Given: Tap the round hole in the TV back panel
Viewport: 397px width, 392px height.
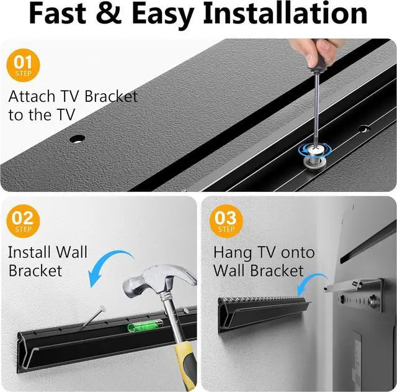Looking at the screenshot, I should click(x=77, y=139).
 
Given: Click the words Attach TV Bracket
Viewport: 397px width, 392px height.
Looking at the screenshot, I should click(x=73, y=97).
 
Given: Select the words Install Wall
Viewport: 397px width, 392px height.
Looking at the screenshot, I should click(x=48, y=252).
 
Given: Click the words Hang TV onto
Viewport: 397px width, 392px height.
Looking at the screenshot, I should click(x=264, y=252).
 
